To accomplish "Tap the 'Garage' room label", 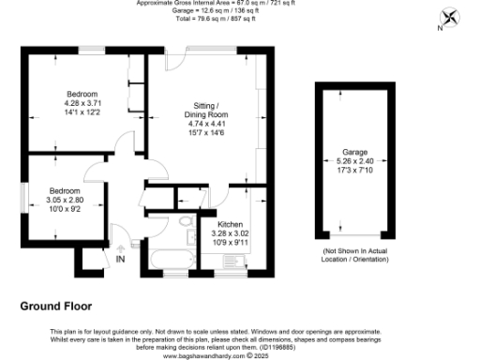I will click(354, 151).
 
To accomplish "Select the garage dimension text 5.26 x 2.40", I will click(354, 160).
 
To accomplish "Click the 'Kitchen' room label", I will click(231, 225).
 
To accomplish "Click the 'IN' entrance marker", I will click(120, 259).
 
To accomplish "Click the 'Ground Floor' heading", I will click(56, 306).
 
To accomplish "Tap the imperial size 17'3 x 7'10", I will click(354, 169).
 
